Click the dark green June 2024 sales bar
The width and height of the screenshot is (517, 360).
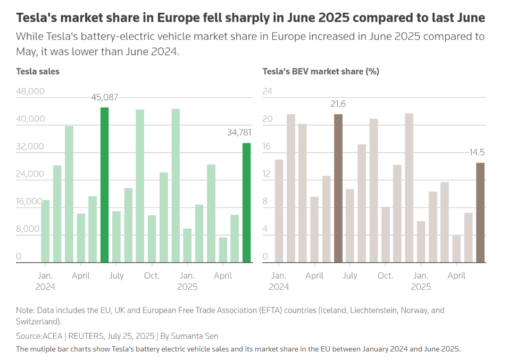click(105, 185)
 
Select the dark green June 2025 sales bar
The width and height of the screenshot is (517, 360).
click(247, 203)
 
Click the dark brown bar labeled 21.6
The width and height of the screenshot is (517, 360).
click(338, 188)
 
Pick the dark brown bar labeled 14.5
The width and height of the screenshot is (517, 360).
click(480, 212)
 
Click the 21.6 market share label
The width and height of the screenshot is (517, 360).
click(338, 104)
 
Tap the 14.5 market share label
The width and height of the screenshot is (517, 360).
click(477, 153)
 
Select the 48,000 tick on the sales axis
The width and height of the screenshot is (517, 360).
click(30, 91)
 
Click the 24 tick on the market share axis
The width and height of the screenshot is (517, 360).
click(268, 91)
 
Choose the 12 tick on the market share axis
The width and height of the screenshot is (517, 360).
click(268, 174)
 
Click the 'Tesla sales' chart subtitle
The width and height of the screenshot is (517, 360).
click(38, 71)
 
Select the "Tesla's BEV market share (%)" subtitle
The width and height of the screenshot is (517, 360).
click(321, 71)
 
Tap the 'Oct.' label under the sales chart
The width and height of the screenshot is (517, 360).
click(152, 275)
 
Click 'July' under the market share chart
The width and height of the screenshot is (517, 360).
click(350, 275)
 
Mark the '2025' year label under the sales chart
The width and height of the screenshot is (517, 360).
click(187, 287)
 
